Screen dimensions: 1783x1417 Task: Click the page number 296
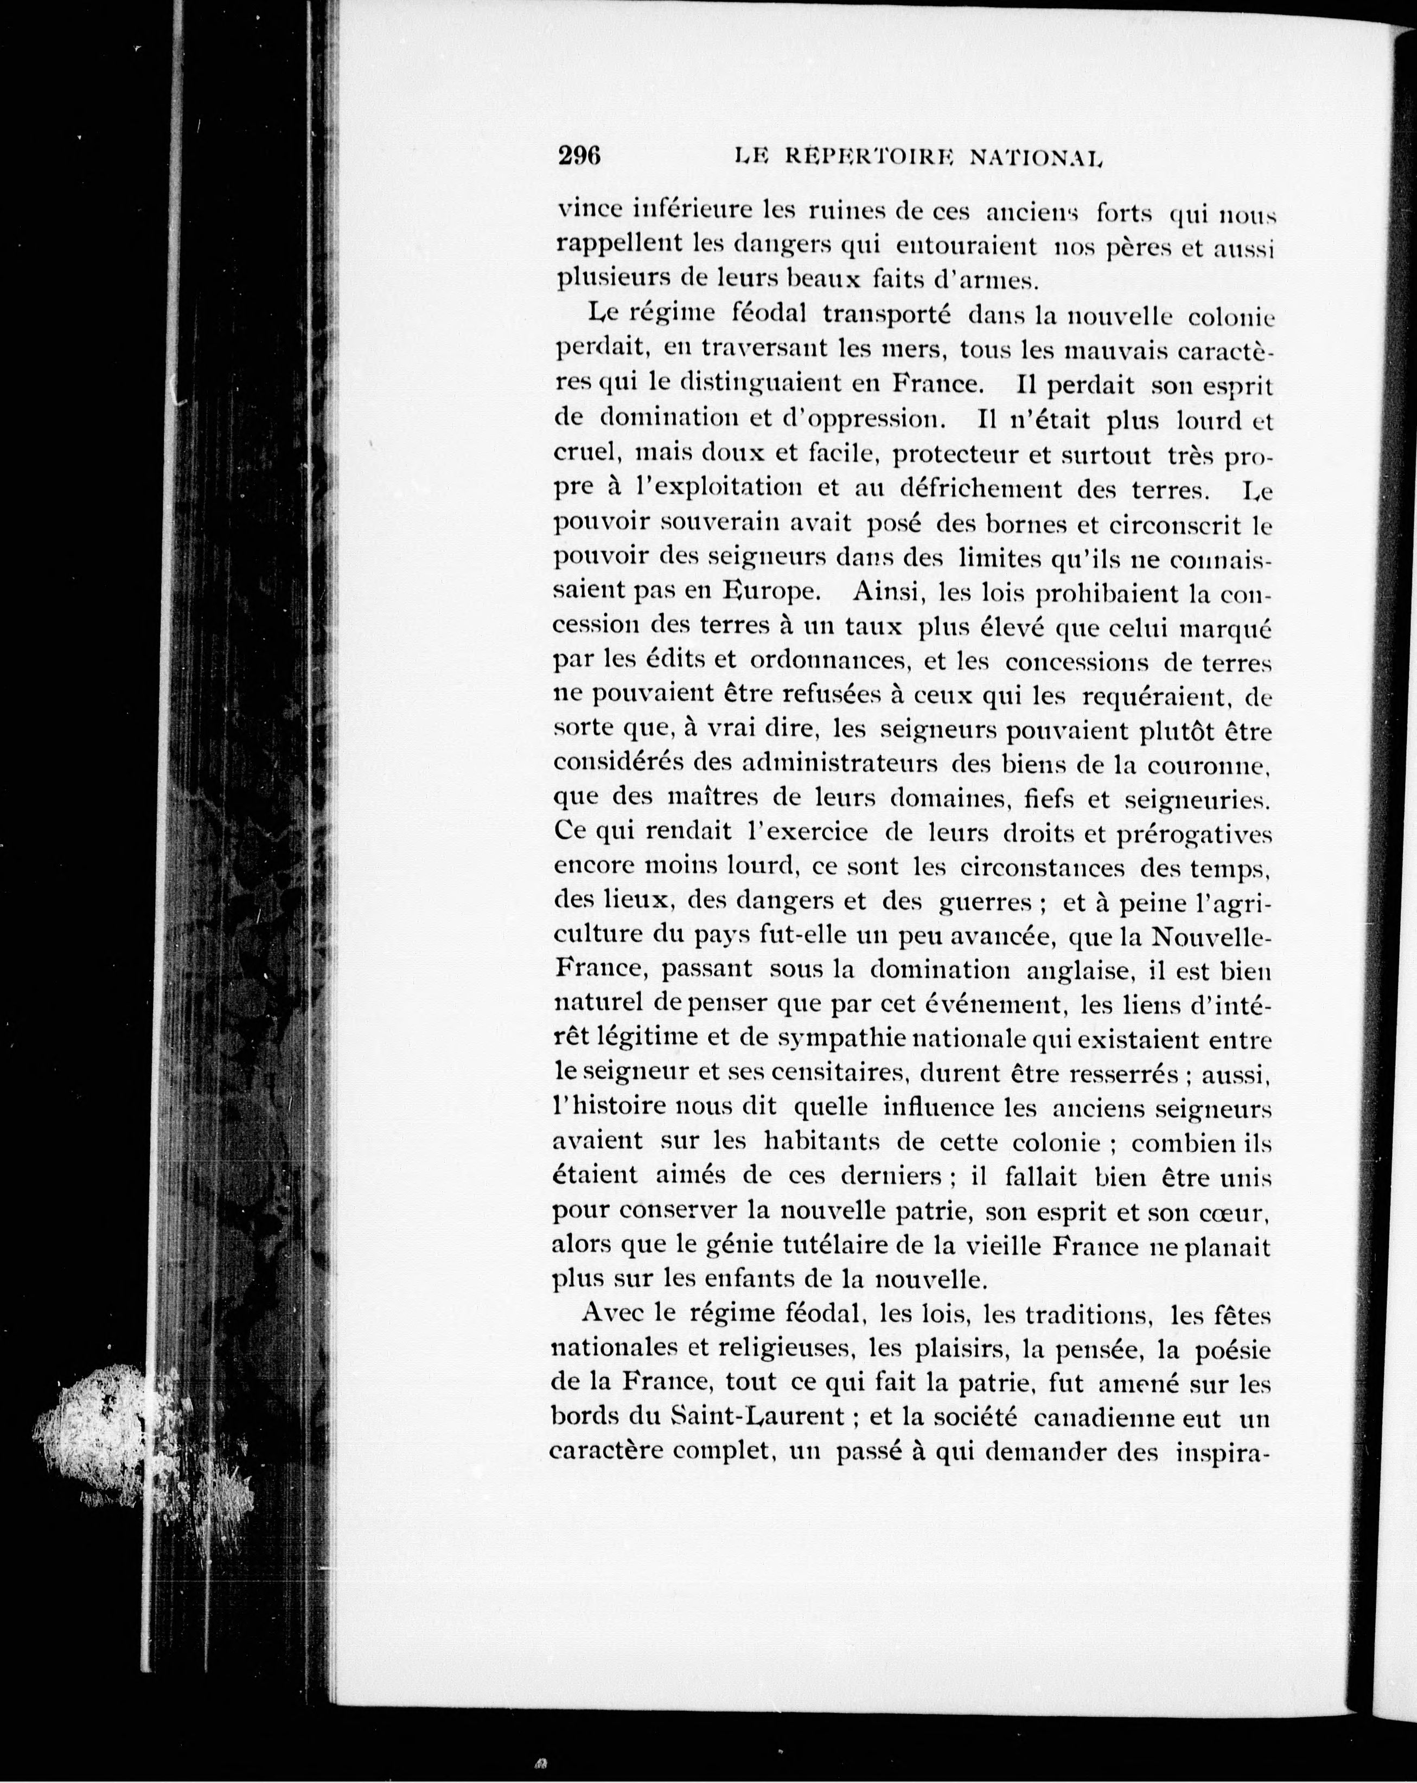pos(578,156)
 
